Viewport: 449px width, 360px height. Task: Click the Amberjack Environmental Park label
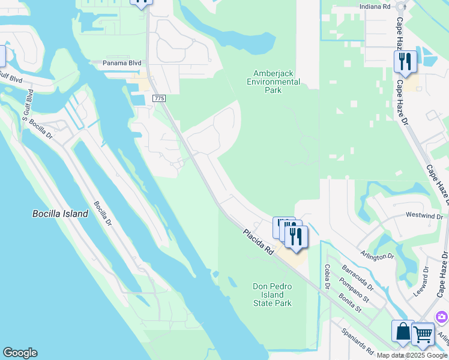tap(273, 82)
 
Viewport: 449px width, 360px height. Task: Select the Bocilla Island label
tap(60, 214)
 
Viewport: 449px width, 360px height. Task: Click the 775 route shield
tap(159, 98)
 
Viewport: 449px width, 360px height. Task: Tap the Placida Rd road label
tap(259, 242)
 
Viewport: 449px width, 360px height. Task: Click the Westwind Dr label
tap(424, 215)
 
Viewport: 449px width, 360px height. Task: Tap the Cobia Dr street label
tap(327, 278)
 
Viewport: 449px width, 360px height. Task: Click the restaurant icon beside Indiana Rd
tap(405, 62)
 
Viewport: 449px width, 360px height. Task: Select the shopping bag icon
tap(402, 331)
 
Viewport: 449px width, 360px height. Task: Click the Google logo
tap(20, 353)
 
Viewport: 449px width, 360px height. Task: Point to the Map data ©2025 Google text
tap(412, 355)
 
